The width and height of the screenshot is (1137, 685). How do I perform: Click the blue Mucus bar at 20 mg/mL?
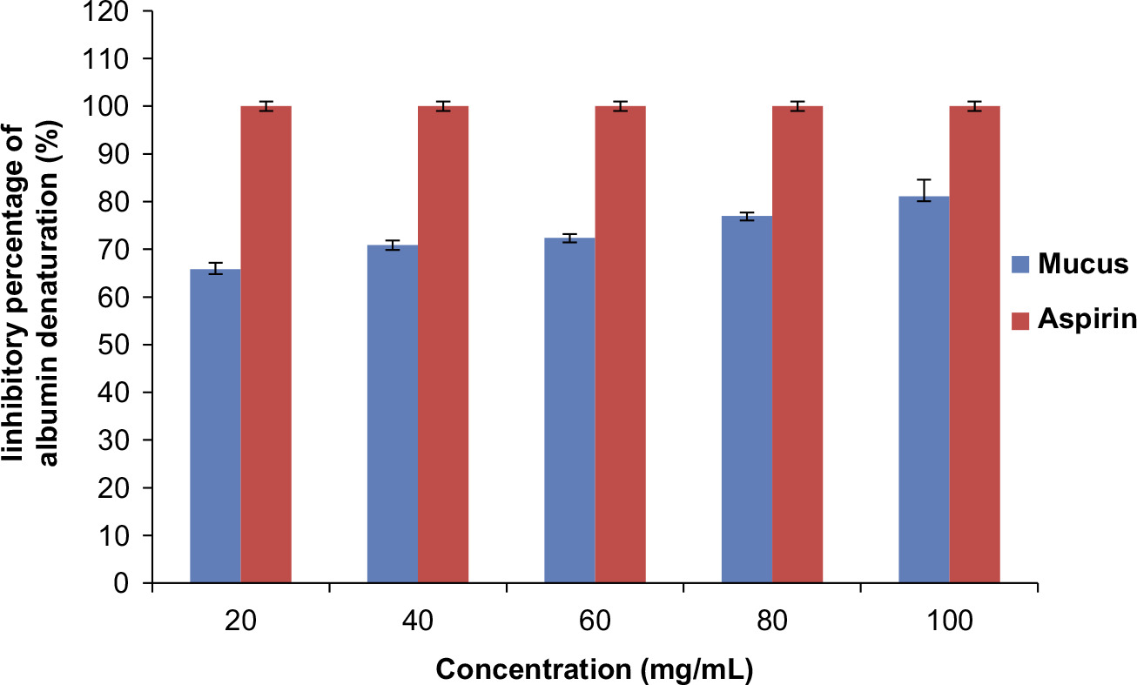pyautogui.click(x=215, y=426)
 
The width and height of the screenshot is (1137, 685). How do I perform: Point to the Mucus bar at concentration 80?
pyautogui.click(x=747, y=400)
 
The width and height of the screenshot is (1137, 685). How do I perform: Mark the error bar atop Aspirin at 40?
pyautogui.click(x=443, y=106)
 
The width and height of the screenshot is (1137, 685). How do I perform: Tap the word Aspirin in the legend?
pyautogui.click(x=1087, y=320)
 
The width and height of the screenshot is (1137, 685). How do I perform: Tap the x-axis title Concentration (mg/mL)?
pyautogui.click(x=594, y=670)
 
